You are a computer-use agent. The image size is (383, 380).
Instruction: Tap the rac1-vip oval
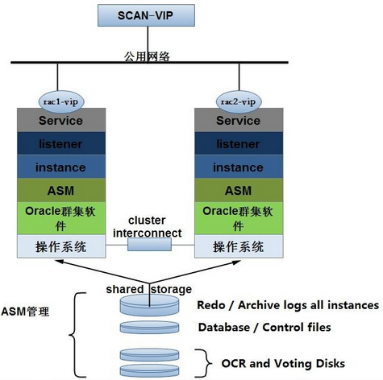tap(61, 101)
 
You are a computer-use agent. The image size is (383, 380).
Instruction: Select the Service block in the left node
tap(61, 121)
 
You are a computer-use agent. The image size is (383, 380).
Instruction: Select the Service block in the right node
tap(237, 121)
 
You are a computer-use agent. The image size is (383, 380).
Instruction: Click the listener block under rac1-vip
tap(61, 143)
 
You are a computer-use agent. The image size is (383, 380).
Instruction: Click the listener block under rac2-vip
tap(237, 143)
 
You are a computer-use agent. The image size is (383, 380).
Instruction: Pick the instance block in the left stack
tap(61, 167)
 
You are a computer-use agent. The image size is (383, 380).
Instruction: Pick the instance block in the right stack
tap(237, 167)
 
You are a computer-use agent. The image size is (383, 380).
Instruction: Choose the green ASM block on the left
tap(61, 190)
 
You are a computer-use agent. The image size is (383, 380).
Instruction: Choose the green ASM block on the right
tap(237, 190)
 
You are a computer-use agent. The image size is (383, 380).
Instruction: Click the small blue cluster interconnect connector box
tap(149, 246)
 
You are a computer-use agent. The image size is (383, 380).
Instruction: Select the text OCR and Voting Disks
tap(283, 364)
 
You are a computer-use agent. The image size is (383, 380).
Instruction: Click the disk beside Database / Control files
tap(149, 328)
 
